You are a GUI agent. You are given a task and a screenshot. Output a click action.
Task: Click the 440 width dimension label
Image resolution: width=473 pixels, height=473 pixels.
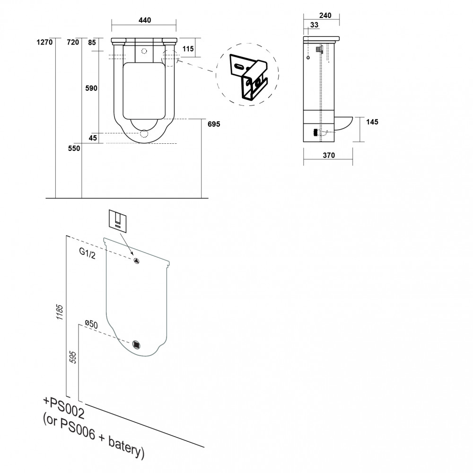pyautogui.click(x=144, y=20)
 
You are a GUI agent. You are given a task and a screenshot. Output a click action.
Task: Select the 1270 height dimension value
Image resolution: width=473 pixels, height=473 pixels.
pyautogui.click(x=44, y=42)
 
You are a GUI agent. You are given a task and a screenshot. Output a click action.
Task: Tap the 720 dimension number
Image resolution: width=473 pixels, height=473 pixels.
pyautogui.click(x=73, y=42)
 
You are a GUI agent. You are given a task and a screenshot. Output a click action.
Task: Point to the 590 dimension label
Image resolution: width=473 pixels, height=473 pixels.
pyautogui.click(x=91, y=88)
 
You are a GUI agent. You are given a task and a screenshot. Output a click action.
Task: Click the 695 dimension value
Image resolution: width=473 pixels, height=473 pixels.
pyautogui.click(x=214, y=124)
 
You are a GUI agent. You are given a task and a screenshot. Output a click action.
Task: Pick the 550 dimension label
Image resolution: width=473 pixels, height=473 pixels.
pyautogui.click(x=74, y=149)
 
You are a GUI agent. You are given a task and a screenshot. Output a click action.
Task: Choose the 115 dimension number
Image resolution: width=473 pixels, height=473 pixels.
pyautogui.click(x=188, y=49)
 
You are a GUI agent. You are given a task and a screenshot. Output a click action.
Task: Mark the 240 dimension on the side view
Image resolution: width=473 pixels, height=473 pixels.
pyautogui.click(x=325, y=16)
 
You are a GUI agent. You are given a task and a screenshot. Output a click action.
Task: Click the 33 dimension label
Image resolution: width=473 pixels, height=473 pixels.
pyautogui.click(x=315, y=25)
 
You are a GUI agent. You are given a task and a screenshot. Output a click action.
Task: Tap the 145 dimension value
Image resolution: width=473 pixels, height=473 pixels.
pyautogui.click(x=372, y=122)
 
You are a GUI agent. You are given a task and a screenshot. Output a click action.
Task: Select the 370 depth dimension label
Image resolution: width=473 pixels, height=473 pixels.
pyautogui.click(x=329, y=155)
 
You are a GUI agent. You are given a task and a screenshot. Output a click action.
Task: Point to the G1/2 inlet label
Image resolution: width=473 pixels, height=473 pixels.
pyautogui.click(x=88, y=253)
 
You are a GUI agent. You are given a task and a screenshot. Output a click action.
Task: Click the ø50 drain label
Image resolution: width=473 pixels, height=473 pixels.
pyautogui.click(x=91, y=324)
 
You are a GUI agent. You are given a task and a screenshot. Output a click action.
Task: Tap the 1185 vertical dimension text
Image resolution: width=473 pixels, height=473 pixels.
pyautogui.click(x=60, y=312)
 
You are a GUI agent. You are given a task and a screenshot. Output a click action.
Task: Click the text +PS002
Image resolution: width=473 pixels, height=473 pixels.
pyautogui.click(x=64, y=408)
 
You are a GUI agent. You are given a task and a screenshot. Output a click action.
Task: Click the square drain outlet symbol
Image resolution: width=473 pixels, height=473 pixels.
pyautogui.click(x=137, y=344)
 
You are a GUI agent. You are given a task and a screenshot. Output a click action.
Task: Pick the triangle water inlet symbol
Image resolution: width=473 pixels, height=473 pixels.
pyautogui.click(x=136, y=261)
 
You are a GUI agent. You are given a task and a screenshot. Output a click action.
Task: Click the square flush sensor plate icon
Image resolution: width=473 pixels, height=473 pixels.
pyautogui.click(x=118, y=221)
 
